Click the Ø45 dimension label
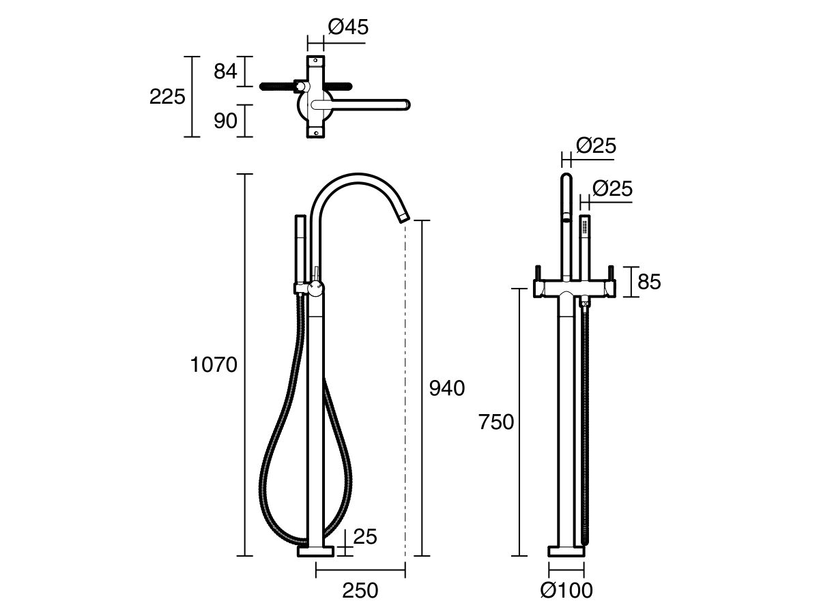click(x=348, y=27)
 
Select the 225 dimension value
click(x=167, y=97)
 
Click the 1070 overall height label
click(x=214, y=365)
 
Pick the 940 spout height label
click(x=446, y=388)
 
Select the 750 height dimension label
click(x=495, y=423)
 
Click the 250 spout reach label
click(x=360, y=591)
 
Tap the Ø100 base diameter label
click(x=566, y=591)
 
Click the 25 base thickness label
click(x=365, y=537)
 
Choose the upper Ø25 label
click(x=596, y=145)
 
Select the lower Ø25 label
click(x=612, y=188)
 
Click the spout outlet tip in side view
click(x=403, y=218)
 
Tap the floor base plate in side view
click(x=316, y=551)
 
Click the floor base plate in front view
click(x=566, y=551)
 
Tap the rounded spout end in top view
click(x=405, y=104)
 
